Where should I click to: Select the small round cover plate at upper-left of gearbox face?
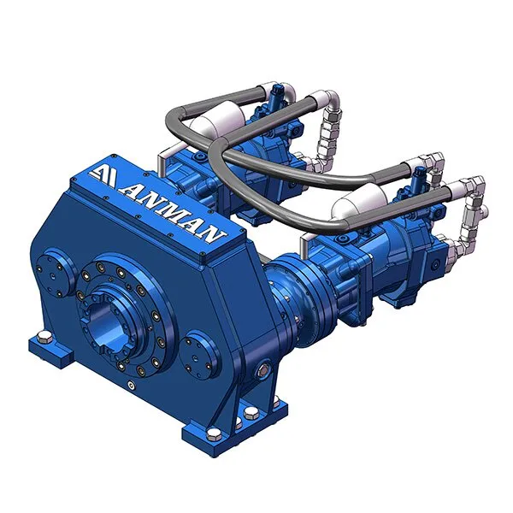(52, 274)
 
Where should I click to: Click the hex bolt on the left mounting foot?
(44, 337)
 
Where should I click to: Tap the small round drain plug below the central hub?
(132, 386)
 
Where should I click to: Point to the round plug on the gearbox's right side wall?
(262, 369)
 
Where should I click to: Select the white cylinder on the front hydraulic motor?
(360, 200)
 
